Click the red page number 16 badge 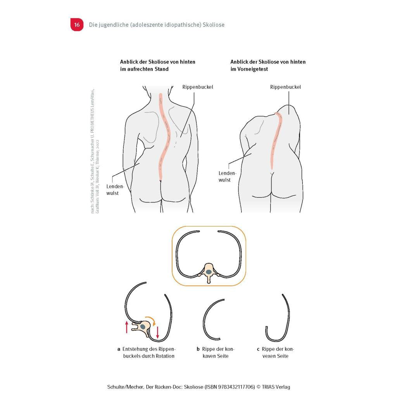tap(77, 24)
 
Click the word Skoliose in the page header tap(214, 25)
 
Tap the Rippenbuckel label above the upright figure tap(198, 87)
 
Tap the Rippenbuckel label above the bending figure tap(285, 87)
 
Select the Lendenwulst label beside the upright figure tap(115, 190)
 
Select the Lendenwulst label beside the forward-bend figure tap(227, 176)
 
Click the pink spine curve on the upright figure tap(164, 137)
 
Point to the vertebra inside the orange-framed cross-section tap(209, 273)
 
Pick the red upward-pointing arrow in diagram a tap(127, 327)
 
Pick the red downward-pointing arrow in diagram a tap(157, 332)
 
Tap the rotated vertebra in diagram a tap(142, 327)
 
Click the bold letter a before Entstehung tap(119, 349)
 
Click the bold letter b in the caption tap(198, 349)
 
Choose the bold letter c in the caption tap(258, 349)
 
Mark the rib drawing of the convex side tap(288, 316)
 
